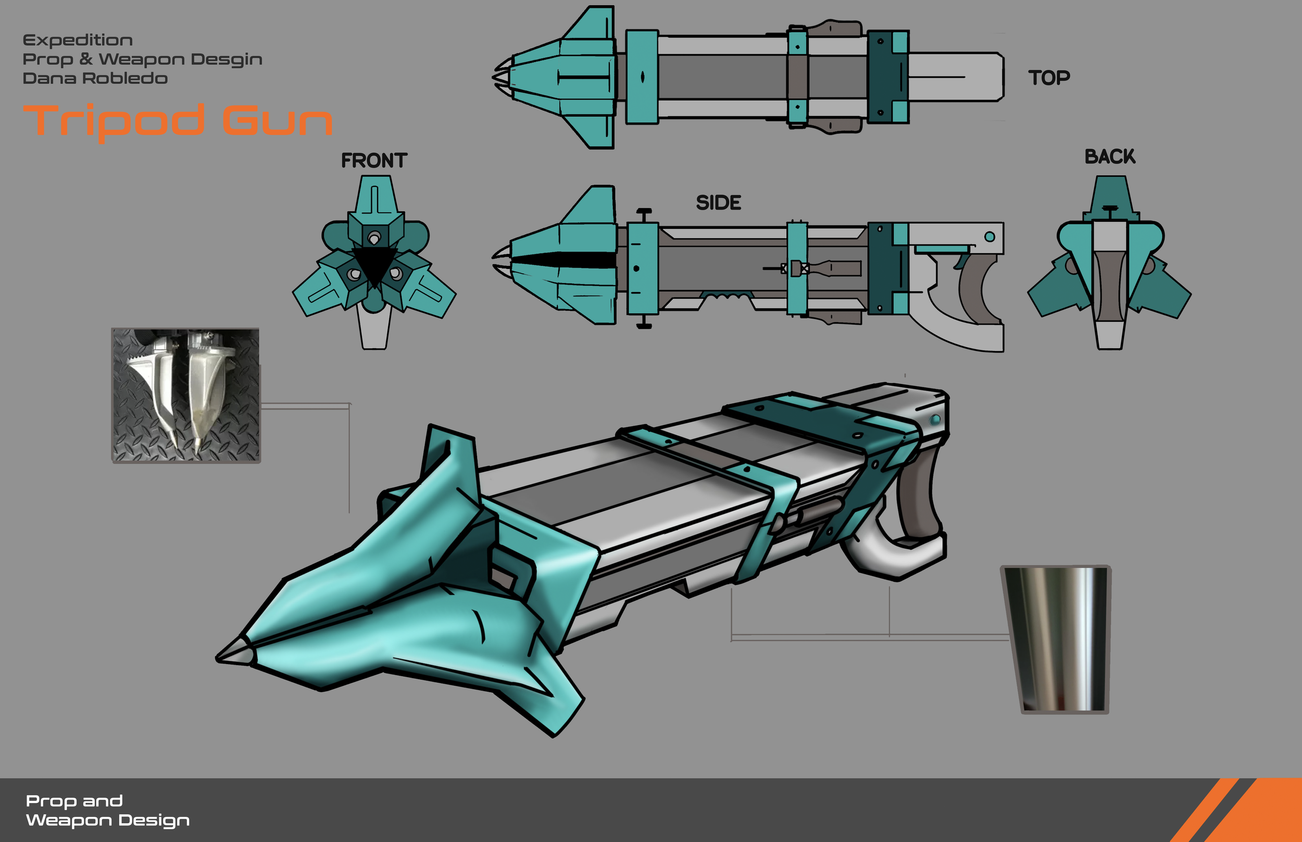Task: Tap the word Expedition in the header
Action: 78,41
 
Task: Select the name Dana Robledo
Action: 95,78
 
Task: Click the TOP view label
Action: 1049,78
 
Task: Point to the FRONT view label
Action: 374,161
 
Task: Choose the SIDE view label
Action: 718,203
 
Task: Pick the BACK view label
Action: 1110,157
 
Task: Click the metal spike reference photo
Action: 186,396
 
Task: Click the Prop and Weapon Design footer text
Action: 107,810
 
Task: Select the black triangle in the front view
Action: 374,263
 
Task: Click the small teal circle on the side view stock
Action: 990,237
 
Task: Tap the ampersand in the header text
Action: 85,58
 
